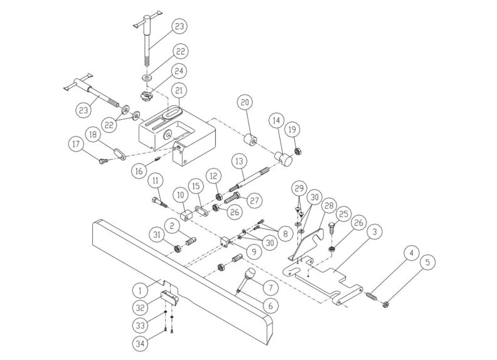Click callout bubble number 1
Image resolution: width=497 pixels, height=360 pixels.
141,290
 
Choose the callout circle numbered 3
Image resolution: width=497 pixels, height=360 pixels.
373,232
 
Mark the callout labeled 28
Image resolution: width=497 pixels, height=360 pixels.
328,207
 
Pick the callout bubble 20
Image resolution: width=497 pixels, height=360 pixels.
244,102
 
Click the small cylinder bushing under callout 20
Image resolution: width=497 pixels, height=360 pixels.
251,139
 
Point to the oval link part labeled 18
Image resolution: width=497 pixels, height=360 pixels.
118,152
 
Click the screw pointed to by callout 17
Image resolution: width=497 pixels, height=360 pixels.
103,160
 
